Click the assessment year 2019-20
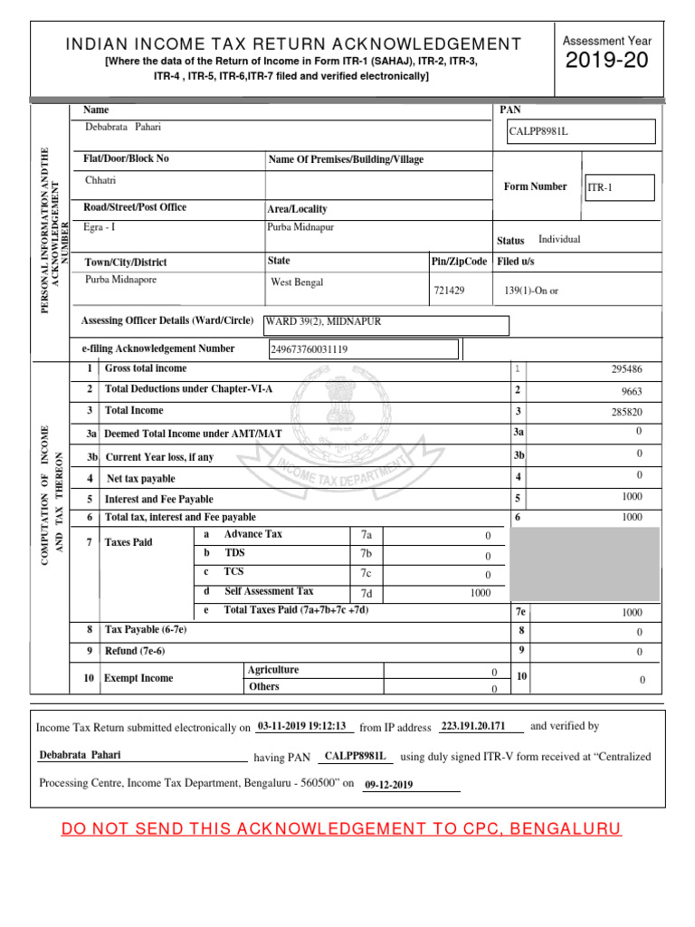607,62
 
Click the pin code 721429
450,291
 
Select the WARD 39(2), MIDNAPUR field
386,322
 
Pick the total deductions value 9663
631,392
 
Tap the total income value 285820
627,412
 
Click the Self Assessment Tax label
269,591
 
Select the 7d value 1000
480,593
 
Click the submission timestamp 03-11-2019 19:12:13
302,726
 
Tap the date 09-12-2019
388,785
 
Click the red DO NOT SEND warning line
341,829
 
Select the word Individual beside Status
559,240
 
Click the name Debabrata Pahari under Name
123,128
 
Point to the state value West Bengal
297,282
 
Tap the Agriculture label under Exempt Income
273,670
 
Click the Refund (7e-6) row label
135,651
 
